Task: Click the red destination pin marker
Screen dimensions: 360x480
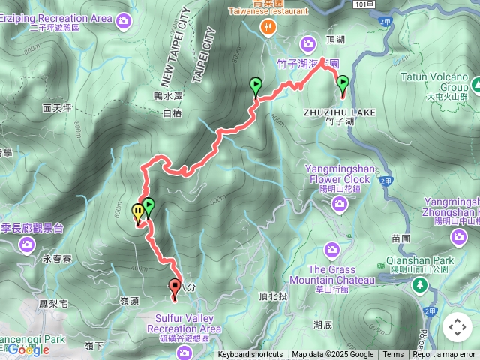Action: [175, 286]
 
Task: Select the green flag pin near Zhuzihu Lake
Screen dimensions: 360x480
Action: [343, 83]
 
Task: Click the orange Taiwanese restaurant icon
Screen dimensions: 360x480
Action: [267, 27]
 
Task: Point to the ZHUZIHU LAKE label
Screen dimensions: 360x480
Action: [339, 112]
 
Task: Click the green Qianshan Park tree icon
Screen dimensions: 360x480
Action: [419, 284]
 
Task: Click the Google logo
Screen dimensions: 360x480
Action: [28, 349]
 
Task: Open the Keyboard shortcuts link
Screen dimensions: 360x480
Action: [250, 355]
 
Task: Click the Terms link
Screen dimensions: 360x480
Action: [393, 355]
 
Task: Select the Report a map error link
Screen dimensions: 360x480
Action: [444, 355]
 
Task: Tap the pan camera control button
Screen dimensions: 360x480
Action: [457, 327]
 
